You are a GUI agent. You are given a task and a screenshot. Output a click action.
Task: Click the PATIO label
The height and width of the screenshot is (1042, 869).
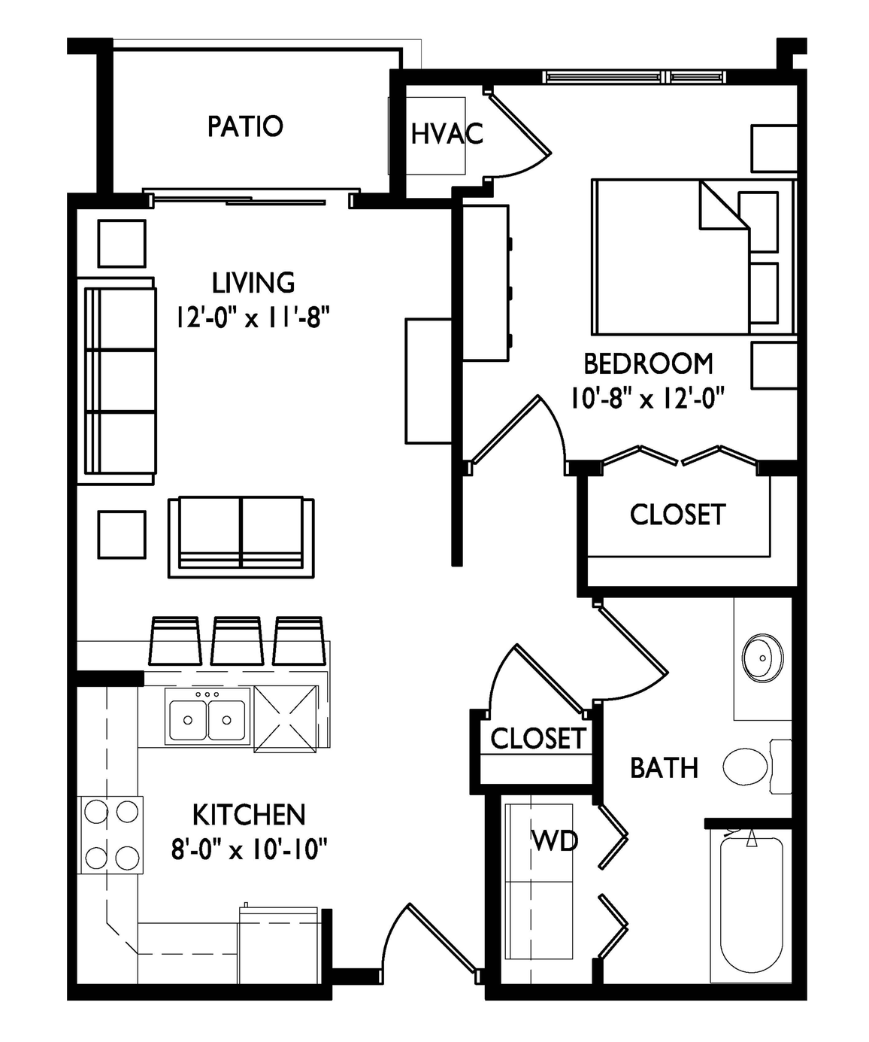[245, 126]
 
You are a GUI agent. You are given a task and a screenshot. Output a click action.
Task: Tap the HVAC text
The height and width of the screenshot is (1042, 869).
[447, 134]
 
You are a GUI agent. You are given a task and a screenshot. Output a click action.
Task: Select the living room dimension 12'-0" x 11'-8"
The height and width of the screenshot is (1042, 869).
[253, 317]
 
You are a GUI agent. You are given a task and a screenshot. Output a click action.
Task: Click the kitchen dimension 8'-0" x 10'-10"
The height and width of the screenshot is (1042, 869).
[249, 848]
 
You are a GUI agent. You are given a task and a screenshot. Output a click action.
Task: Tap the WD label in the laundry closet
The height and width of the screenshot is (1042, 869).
[555, 842]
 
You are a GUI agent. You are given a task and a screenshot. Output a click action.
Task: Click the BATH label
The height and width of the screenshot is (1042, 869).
[664, 767]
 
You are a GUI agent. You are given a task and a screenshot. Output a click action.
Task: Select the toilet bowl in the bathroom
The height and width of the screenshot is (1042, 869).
[746, 766]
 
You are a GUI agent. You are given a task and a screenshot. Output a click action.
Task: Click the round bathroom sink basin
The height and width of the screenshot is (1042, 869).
[762, 658]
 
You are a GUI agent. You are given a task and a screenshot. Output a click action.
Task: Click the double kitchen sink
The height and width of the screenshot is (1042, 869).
[207, 719]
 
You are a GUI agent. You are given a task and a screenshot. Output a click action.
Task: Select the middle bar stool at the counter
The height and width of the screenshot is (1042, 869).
[238, 641]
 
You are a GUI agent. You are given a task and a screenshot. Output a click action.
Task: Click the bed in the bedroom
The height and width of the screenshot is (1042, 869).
[694, 257]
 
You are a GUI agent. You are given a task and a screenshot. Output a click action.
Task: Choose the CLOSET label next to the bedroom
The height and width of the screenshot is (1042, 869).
[677, 515]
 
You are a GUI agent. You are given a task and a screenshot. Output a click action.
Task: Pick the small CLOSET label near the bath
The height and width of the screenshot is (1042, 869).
[537, 738]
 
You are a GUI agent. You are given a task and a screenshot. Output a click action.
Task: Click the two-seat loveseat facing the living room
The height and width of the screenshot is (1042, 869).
[241, 537]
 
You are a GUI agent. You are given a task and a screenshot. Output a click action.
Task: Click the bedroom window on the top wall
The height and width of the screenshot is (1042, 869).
[633, 76]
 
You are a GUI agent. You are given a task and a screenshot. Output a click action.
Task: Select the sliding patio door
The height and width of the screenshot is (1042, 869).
[251, 197]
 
